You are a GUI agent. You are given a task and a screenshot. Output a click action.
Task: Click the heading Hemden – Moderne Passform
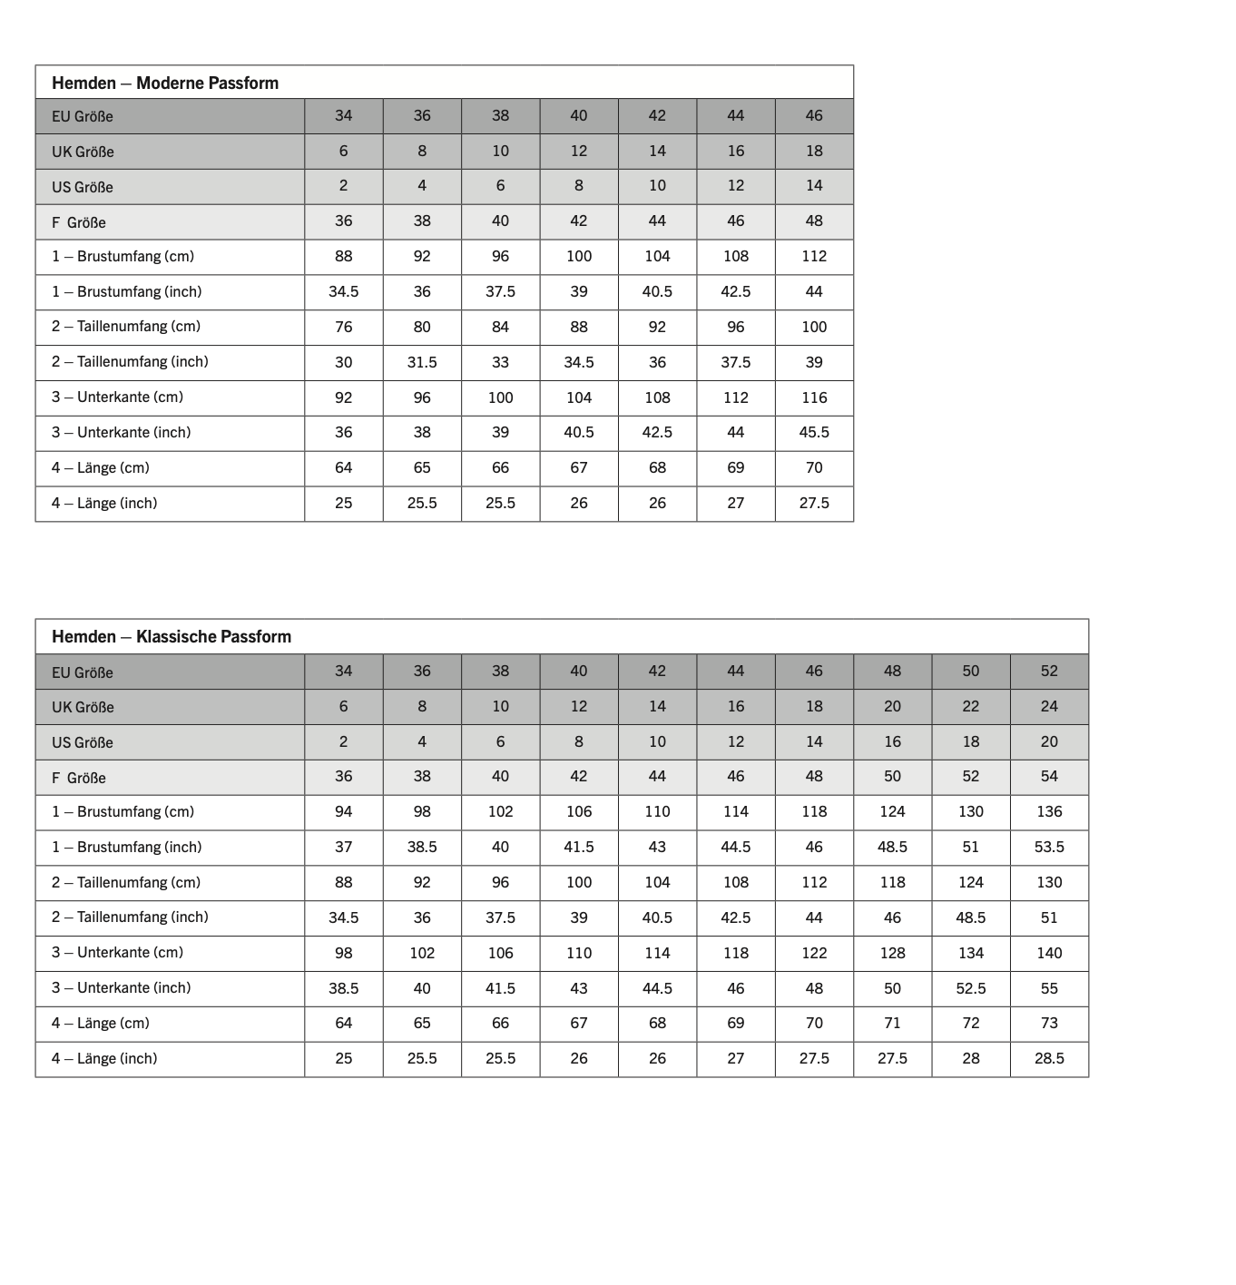point(164,83)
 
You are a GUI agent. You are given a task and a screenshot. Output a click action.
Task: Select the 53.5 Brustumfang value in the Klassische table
point(1049,847)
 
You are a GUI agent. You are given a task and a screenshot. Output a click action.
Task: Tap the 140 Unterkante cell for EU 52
point(1049,953)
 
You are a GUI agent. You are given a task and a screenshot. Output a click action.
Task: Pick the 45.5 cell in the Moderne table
point(814,432)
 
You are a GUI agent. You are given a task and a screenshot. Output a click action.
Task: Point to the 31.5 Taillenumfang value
point(422,362)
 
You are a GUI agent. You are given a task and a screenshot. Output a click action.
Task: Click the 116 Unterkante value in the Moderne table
point(814,397)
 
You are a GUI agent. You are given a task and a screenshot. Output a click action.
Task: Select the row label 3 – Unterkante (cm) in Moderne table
point(117,397)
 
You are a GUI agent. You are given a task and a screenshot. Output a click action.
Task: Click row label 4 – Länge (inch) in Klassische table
point(104,1058)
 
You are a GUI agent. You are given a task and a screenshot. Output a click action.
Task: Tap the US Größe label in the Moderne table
point(83,187)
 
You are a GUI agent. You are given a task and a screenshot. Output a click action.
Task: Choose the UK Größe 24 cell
point(1049,706)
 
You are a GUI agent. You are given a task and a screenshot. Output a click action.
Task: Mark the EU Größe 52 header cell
point(1049,671)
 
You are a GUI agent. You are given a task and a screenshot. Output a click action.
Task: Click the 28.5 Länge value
point(1049,1058)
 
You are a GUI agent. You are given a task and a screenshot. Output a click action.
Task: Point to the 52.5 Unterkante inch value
point(971,988)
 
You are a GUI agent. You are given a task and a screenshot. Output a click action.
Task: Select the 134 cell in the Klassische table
point(971,953)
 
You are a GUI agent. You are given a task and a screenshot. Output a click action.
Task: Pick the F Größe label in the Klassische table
point(79,778)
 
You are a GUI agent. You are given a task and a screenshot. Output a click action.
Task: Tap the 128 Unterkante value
point(892,953)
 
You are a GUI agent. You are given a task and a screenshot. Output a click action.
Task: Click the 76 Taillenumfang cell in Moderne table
point(343,327)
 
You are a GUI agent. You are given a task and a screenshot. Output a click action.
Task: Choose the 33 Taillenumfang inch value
point(500,362)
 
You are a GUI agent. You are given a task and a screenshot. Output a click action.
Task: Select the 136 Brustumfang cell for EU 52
point(1049,811)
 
